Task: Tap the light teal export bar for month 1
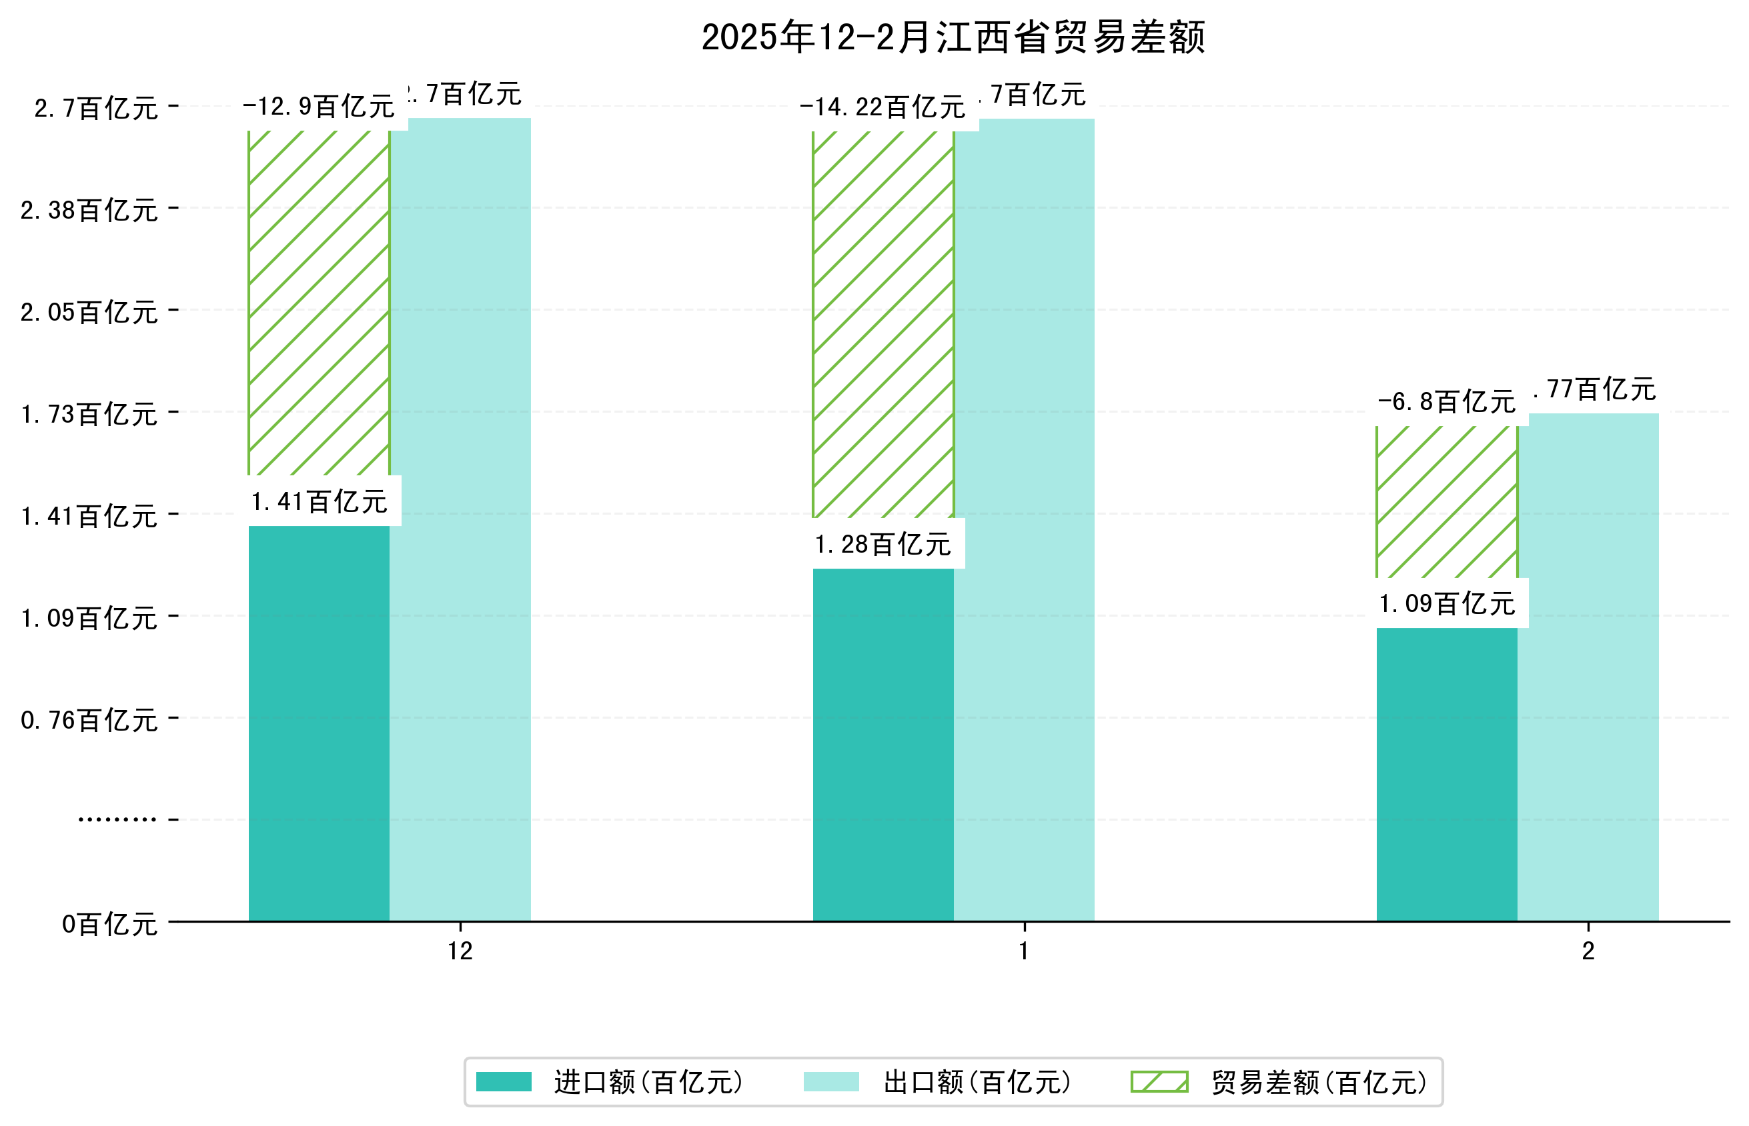click(x=1024, y=519)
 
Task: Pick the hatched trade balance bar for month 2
click(x=1446, y=502)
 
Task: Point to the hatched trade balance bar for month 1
click(x=883, y=325)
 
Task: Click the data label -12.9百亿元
click(x=319, y=107)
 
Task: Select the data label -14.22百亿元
click(x=883, y=108)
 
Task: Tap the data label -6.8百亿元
click(x=1446, y=402)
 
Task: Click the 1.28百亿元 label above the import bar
click(x=883, y=545)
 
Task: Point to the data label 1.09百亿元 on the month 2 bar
click(x=1446, y=604)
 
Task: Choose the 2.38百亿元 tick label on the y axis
click(x=89, y=211)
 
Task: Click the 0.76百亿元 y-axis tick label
click(x=89, y=720)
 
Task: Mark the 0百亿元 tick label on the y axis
click(x=109, y=924)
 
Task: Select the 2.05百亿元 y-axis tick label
click(x=89, y=312)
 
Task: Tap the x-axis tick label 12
click(x=460, y=951)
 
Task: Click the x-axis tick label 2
click(x=1588, y=951)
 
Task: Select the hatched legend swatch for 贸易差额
click(x=1159, y=1082)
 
